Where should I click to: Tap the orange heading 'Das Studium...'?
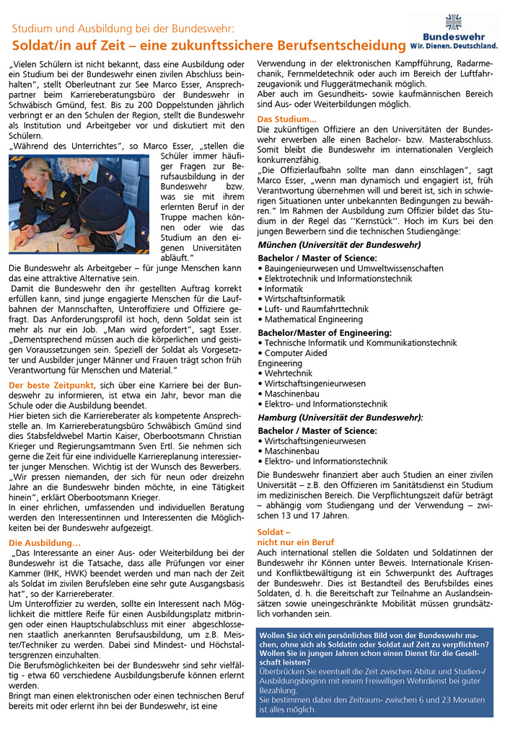(286, 119)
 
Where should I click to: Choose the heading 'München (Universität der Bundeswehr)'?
(338, 244)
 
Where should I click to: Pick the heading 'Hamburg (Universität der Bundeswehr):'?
(340, 417)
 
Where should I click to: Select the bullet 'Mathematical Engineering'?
(314, 319)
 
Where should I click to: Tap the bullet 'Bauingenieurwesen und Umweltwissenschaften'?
(353, 268)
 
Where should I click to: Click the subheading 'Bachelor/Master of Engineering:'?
(324, 333)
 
